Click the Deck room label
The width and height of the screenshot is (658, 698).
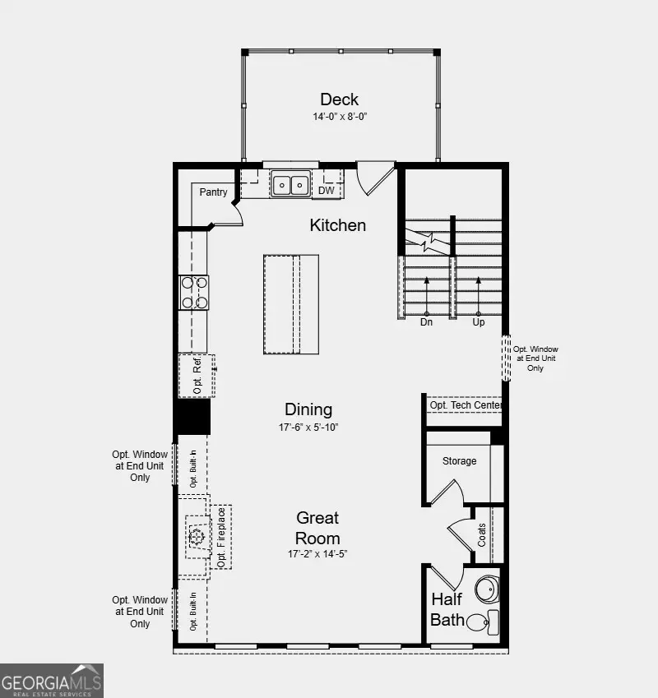339,100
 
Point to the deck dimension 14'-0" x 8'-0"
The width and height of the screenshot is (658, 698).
339,117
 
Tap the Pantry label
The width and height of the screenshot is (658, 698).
214,192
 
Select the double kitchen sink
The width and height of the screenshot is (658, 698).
290,185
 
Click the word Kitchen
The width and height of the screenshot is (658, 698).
337,224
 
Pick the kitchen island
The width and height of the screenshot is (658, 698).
291,304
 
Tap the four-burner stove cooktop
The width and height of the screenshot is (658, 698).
195,292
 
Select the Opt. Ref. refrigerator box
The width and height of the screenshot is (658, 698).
197,376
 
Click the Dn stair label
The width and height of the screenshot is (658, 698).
426,322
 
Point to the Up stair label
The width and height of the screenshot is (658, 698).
479,322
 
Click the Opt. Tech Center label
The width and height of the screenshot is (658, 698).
465,405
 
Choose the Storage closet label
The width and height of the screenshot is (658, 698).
459,461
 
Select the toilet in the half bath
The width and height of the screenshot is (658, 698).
480,621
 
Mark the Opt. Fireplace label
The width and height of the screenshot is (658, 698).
220,538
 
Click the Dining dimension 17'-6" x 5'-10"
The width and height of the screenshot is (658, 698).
308,428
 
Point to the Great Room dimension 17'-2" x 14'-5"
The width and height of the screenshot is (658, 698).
317,554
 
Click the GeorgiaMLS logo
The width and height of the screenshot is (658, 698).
52,681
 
